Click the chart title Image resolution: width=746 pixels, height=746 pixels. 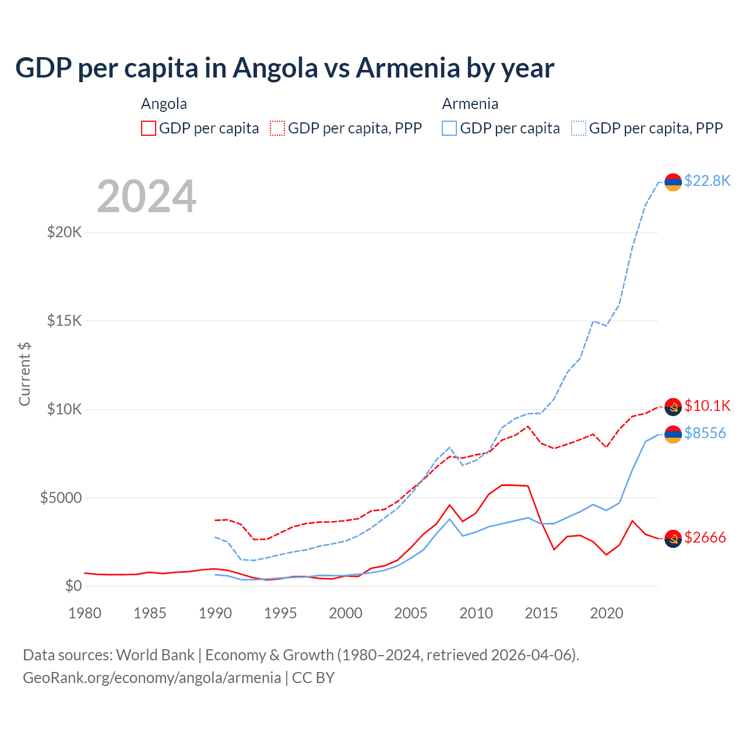point(284,68)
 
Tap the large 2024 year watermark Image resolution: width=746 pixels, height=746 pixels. point(146,196)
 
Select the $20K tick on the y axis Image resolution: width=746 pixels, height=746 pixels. point(65,232)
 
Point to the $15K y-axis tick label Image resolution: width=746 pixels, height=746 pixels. point(65,321)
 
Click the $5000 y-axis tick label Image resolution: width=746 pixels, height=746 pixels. point(61,498)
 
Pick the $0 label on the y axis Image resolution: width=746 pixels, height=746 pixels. point(73,586)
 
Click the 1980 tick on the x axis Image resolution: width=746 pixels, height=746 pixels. point(85,613)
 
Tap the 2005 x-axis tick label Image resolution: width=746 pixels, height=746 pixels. point(411,613)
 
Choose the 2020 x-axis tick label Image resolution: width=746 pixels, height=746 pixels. point(607,613)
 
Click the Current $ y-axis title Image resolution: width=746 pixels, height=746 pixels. point(24,374)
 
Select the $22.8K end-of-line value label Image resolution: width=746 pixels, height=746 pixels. point(707,181)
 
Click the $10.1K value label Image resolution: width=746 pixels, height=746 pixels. point(707,406)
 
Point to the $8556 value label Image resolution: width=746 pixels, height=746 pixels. point(705,433)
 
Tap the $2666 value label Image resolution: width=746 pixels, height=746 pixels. point(705,537)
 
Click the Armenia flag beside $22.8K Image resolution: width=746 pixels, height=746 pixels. point(673,182)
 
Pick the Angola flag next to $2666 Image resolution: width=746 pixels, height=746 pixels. point(673,539)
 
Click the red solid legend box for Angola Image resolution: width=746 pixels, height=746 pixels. point(149,128)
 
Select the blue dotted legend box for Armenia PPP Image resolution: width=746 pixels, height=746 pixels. point(579,128)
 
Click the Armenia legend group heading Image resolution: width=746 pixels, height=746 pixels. point(470,104)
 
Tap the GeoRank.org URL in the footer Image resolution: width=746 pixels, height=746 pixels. point(152,678)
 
